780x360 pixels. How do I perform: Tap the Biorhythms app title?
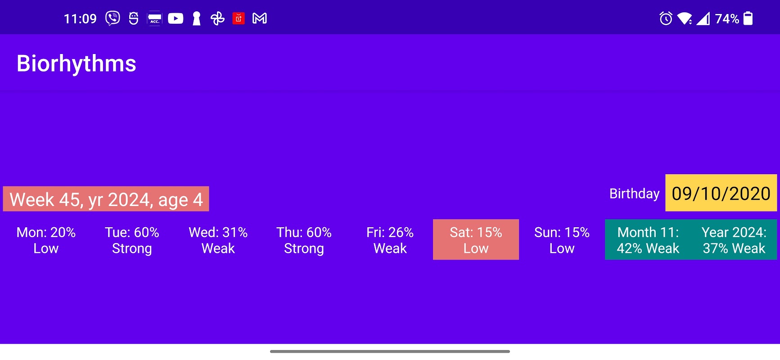[77, 63]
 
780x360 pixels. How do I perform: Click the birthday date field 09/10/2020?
[721, 193]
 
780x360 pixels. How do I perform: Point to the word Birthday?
[634, 193]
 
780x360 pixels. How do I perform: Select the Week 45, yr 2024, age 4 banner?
[106, 199]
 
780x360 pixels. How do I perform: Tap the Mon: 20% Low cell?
[46, 240]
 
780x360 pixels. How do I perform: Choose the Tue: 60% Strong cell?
[132, 240]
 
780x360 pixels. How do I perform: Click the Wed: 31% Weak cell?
[218, 240]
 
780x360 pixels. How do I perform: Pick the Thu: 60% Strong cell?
[304, 240]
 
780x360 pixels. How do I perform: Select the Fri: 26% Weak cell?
[390, 240]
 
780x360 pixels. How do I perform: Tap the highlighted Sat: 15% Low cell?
[476, 240]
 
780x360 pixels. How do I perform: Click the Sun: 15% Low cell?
[562, 240]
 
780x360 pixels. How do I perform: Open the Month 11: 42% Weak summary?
[648, 240]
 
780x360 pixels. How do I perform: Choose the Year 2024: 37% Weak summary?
[734, 240]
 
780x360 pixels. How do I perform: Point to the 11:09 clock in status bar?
[80, 18]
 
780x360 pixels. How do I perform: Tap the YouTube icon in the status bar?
[176, 18]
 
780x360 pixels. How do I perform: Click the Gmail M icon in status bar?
[260, 18]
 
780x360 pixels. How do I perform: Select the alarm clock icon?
[666, 18]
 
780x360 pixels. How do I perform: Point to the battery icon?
[748, 18]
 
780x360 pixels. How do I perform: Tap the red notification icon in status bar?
[239, 18]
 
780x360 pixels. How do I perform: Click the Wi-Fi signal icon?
[685, 18]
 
